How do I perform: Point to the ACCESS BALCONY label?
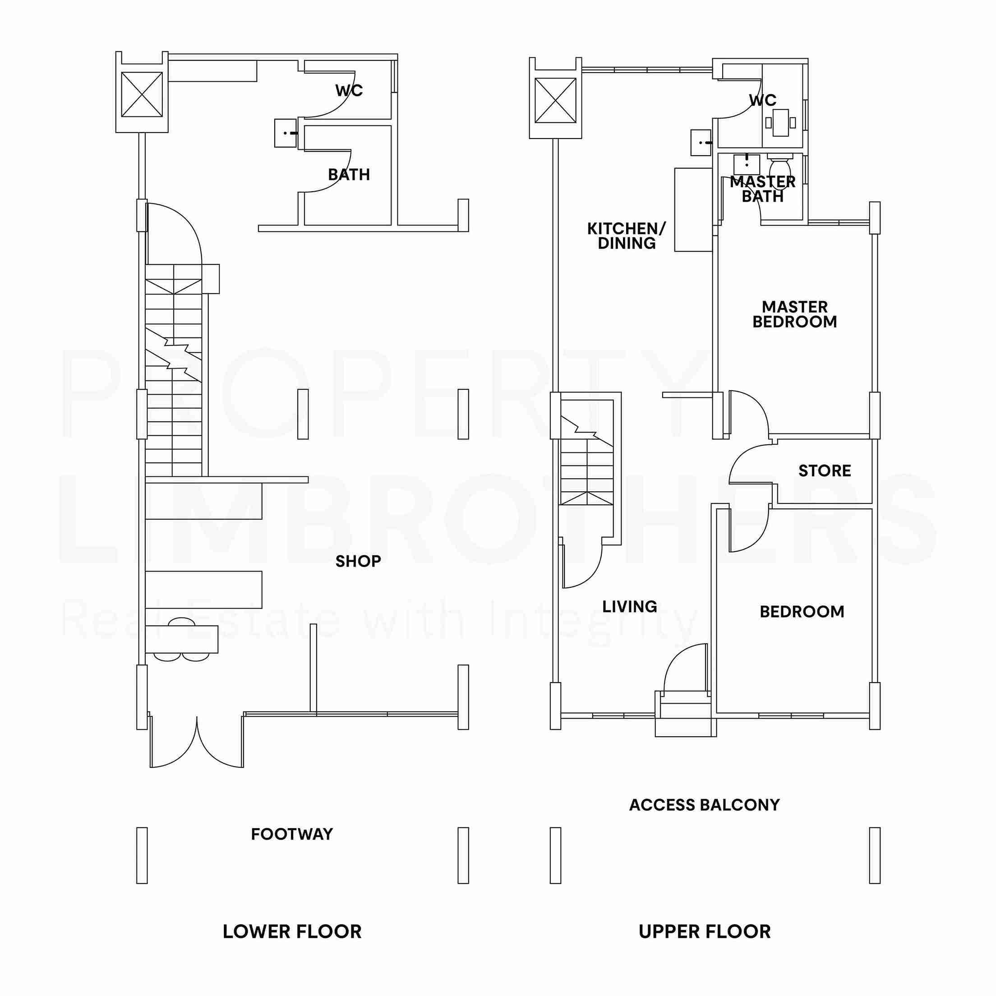pyautogui.click(x=704, y=805)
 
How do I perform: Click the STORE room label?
pyautogui.click(x=824, y=470)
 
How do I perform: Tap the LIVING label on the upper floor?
pyautogui.click(x=629, y=606)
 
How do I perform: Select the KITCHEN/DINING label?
pyautogui.click(x=627, y=235)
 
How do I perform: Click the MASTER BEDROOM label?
pyautogui.click(x=794, y=314)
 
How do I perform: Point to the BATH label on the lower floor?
pyautogui.click(x=349, y=175)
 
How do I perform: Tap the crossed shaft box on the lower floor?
pyautogui.click(x=142, y=94)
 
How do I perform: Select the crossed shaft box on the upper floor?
pyautogui.click(x=555, y=101)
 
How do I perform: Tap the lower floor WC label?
pyautogui.click(x=349, y=91)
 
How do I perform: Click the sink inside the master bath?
pyautogui.click(x=747, y=165)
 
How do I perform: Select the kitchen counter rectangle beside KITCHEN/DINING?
pyautogui.click(x=693, y=210)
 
